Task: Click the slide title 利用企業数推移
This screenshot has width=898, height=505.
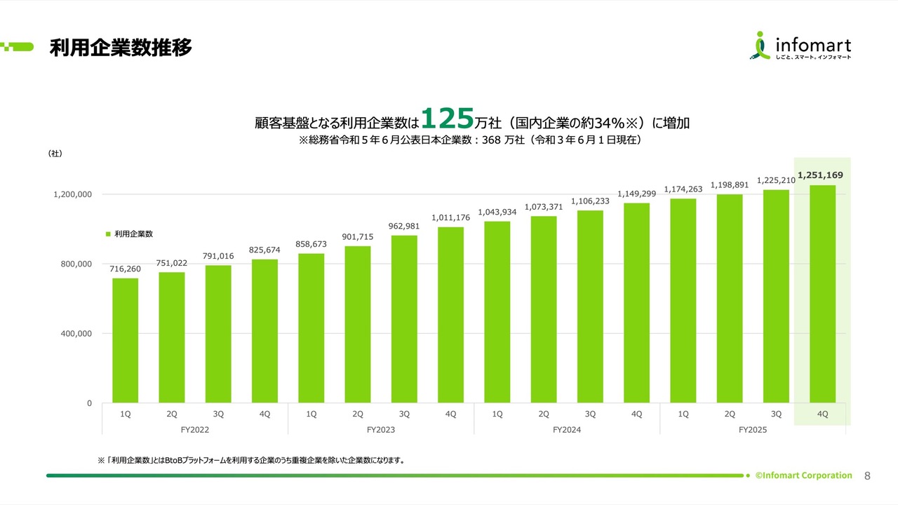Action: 121,48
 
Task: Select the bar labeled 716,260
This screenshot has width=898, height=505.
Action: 125,340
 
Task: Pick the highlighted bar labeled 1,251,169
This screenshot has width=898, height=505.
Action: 822,294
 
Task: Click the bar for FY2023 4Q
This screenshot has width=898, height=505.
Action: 450,315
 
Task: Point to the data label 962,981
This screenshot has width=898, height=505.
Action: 404,226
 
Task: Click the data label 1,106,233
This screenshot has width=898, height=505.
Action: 590,201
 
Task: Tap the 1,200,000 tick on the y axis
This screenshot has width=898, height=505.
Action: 72,194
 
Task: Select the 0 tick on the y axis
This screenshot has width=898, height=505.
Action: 89,403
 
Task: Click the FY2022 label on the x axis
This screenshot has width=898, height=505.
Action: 194,429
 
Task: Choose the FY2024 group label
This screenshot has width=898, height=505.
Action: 567,429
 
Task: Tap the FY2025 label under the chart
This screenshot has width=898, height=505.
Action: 753,429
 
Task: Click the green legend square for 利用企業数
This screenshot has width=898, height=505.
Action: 108,234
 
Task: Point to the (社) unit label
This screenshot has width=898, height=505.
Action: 55,153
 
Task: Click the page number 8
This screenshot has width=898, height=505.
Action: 867,476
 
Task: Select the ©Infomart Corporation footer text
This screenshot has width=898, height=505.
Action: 803,476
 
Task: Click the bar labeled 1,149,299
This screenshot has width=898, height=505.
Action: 636,303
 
